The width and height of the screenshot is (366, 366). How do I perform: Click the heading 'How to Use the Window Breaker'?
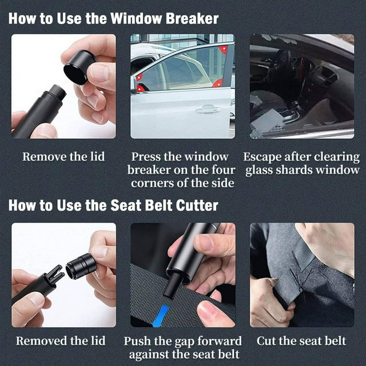pos(113,18)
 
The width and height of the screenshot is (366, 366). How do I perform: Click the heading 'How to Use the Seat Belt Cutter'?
pos(113,205)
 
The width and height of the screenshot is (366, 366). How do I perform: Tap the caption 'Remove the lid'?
pos(63,156)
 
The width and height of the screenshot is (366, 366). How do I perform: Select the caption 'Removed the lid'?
pos(61,341)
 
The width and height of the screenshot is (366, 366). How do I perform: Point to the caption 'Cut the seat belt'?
pos(301,341)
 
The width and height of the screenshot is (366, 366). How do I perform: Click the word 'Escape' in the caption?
pos(262,157)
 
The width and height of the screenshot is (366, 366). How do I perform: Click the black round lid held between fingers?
pos(79,67)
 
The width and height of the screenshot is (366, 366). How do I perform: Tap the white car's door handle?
pos(208,109)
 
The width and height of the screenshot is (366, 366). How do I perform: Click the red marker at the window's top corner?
pos(224,49)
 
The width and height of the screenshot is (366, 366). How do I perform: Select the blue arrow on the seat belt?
pos(161,316)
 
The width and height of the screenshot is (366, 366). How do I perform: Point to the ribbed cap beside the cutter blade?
pos(81,266)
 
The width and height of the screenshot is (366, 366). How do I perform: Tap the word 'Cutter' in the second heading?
pos(197,205)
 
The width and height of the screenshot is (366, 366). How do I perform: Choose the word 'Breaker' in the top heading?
pos(192,18)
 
